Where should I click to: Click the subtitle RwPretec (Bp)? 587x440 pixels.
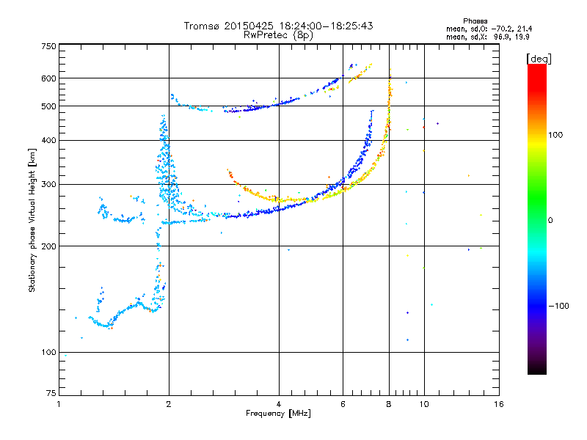(x=278, y=34)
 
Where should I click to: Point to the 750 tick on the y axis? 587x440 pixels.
(x=48, y=46)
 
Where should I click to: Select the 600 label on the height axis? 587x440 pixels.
(x=48, y=78)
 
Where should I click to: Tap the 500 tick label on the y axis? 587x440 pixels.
(x=48, y=106)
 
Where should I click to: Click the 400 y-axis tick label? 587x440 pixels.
(x=48, y=141)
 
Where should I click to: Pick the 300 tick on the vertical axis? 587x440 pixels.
(x=48, y=185)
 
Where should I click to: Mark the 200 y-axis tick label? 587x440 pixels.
(x=48, y=246)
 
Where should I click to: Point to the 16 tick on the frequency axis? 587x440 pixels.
(x=497, y=405)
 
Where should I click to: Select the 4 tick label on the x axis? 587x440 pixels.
(x=279, y=405)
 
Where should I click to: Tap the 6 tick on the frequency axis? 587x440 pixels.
(x=343, y=405)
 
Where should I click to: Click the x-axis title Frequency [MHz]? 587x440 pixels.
(x=278, y=414)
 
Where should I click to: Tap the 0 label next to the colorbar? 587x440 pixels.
(x=551, y=221)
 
